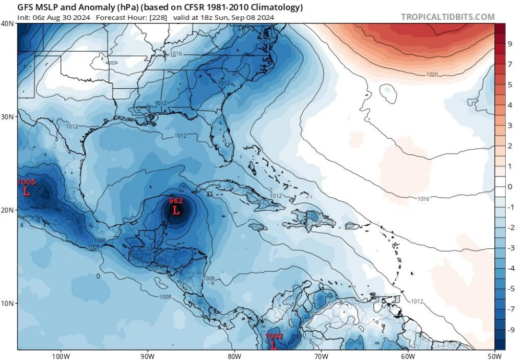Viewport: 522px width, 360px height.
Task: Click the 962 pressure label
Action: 176,200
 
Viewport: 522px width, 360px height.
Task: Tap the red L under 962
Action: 176,211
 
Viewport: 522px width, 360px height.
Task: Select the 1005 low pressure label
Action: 27,182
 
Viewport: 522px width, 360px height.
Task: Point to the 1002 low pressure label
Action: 274,337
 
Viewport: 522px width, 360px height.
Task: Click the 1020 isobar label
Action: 432,75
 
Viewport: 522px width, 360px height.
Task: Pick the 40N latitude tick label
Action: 8,23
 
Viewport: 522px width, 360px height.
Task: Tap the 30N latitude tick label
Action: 8,116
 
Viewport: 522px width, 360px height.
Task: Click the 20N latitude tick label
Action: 8,210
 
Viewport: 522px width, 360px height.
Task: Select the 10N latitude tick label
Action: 8,303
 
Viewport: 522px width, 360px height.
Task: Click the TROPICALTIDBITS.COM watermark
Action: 448,17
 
